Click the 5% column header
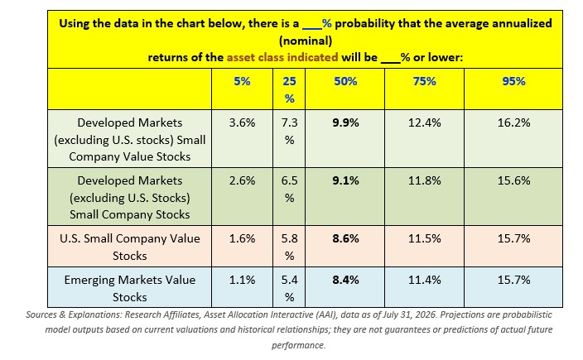[242, 81]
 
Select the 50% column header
[345, 81]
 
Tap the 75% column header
[425, 81]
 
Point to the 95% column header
[513, 81]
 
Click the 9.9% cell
[345, 122]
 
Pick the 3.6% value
[242, 122]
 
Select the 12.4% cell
[425, 122]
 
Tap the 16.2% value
[513, 122]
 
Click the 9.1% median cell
[345, 180]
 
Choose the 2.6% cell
[242, 180]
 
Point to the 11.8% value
[425, 180]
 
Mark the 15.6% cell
[513, 180]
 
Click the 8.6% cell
[345, 238]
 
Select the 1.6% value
[242, 238]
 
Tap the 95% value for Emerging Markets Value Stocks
[513, 280]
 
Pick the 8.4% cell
[345, 280]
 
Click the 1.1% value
[242, 280]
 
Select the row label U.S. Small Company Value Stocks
[130, 247]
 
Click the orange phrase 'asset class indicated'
[282, 58]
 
